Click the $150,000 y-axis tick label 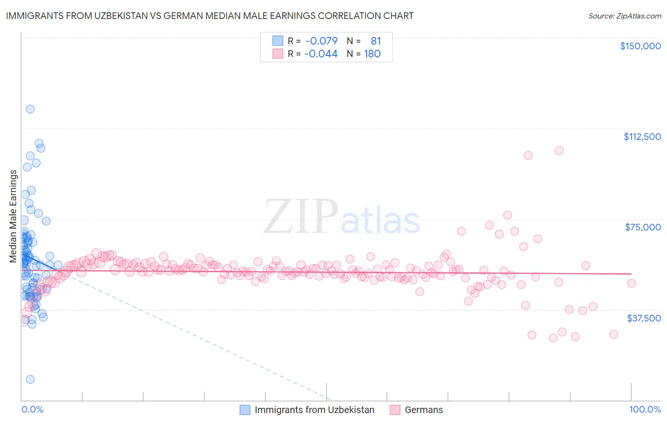pyautogui.click(x=640, y=46)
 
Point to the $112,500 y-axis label pyautogui.click(x=642, y=137)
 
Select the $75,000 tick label pyautogui.click(x=643, y=227)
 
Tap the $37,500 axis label pyautogui.click(x=644, y=318)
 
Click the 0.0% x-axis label pyautogui.click(x=32, y=410)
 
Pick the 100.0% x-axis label pyautogui.click(x=645, y=410)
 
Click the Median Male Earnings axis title pyautogui.click(x=13, y=216)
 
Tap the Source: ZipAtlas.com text pyautogui.click(x=624, y=16)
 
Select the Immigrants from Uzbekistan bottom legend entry pyautogui.click(x=314, y=410)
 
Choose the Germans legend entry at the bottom pyautogui.click(x=423, y=410)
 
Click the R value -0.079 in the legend pyautogui.click(x=321, y=41)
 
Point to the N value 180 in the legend pyautogui.click(x=372, y=54)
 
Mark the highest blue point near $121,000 pyautogui.click(x=30, y=109)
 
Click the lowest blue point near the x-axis pyautogui.click(x=30, y=379)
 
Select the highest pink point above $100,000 pyautogui.click(x=559, y=150)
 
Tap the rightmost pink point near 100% pyautogui.click(x=631, y=283)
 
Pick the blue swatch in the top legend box pyautogui.click(x=278, y=41)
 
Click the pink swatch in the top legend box pyautogui.click(x=278, y=54)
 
